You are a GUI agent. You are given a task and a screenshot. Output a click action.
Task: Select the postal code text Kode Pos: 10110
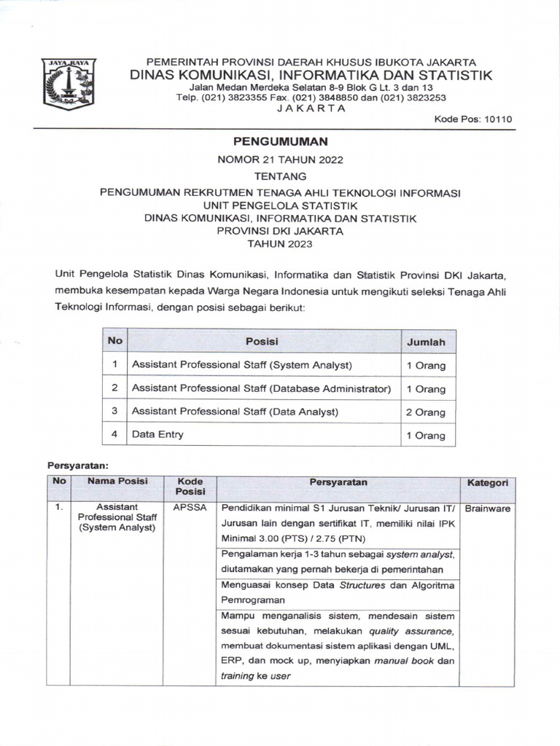(x=473, y=119)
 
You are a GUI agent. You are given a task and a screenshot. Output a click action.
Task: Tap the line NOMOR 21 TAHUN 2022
(x=280, y=159)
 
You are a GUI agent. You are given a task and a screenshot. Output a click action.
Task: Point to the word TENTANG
(x=280, y=176)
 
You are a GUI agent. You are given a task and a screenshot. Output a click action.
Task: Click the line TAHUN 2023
(x=280, y=244)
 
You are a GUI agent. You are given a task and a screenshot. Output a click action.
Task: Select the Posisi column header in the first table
(x=262, y=341)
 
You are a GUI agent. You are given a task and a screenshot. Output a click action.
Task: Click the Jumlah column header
(x=426, y=342)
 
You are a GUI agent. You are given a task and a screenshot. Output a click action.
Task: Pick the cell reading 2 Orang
(x=426, y=412)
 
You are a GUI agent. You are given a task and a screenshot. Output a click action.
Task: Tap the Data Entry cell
(x=157, y=434)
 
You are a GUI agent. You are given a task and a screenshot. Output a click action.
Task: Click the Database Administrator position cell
(x=261, y=388)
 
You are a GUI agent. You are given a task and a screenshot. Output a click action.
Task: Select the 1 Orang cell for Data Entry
(x=426, y=436)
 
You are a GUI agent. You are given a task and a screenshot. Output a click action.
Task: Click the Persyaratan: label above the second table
(x=78, y=464)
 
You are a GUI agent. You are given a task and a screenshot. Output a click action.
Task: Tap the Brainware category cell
(x=488, y=509)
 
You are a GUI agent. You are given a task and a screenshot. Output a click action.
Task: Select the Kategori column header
(x=488, y=483)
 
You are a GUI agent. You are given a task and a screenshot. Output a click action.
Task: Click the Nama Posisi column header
(x=117, y=482)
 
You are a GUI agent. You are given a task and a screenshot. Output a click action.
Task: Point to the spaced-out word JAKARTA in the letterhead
(x=311, y=108)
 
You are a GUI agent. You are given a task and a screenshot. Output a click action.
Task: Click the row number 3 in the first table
(x=114, y=411)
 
